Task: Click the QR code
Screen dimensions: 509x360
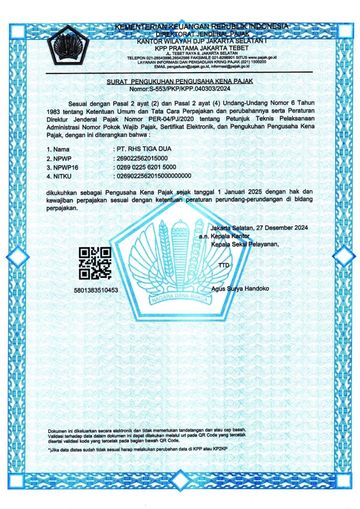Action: tap(95, 263)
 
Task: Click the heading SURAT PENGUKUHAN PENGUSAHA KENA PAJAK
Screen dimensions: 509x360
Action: tap(180, 81)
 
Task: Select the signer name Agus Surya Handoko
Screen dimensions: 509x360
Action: tap(239, 288)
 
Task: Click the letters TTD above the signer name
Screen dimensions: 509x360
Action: tap(224, 266)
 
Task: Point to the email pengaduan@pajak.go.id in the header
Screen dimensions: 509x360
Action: tap(192, 66)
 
